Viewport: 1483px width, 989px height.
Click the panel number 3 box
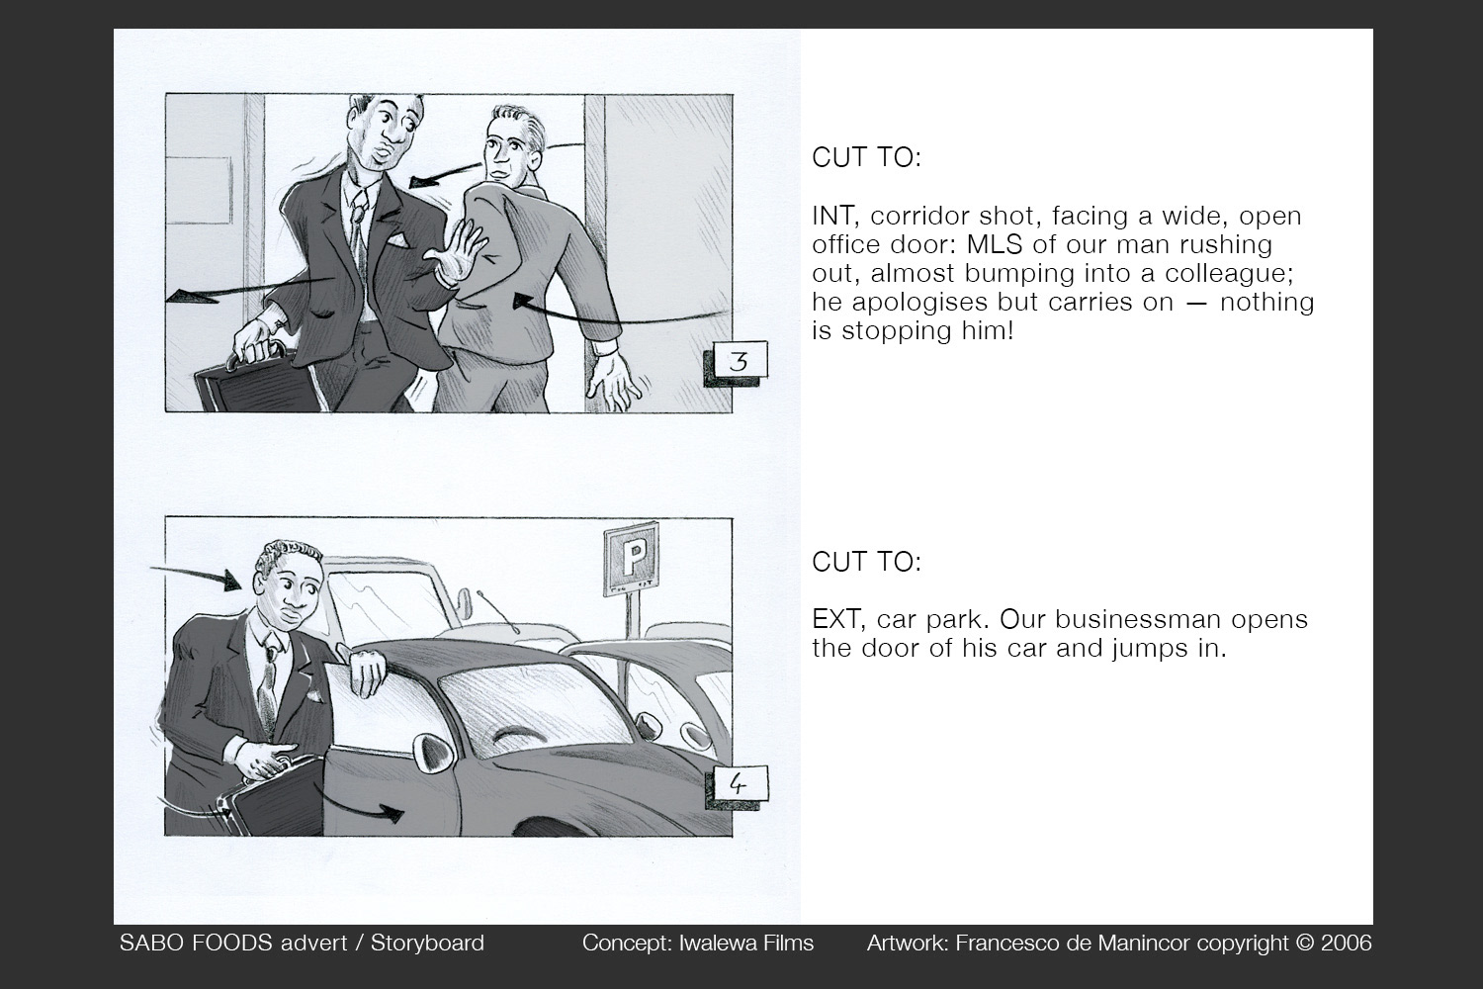pyautogui.click(x=739, y=363)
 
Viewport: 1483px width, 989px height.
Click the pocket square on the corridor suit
pyautogui.click(x=396, y=239)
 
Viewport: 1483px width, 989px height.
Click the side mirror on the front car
pyautogui.click(x=432, y=755)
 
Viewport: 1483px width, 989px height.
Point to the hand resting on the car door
pyautogui.click(x=368, y=673)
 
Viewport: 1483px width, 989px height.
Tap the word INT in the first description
pyautogui.click(x=832, y=216)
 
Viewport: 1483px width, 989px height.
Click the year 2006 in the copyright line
pyautogui.click(x=1345, y=944)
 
